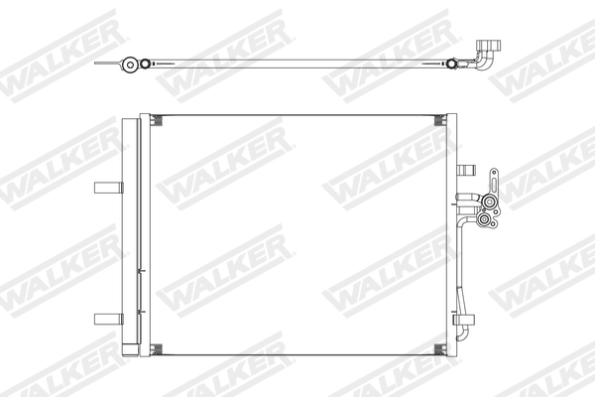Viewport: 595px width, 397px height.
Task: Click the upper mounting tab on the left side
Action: [106, 189]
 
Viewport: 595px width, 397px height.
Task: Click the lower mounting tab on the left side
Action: [106, 319]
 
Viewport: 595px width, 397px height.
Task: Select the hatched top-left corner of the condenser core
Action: [157, 121]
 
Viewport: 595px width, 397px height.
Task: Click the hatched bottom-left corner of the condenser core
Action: [157, 348]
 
